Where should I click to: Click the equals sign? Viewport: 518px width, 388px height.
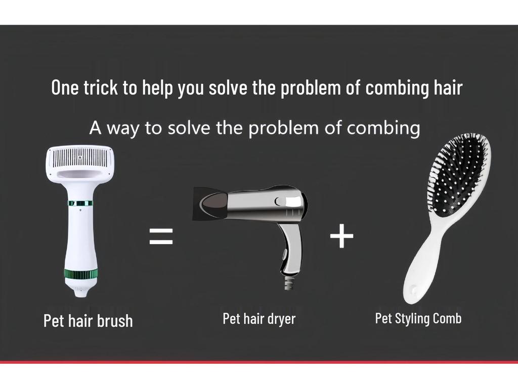pyautogui.click(x=161, y=236)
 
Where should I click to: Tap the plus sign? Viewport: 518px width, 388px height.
pyautogui.click(x=341, y=236)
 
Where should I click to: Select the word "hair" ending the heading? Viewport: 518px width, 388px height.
pyautogui.click(x=448, y=87)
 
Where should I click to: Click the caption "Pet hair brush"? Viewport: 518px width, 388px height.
pyautogui.click(x=88, y=320)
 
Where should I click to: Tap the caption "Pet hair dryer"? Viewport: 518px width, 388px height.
pyautogui.click(x=259, y=319)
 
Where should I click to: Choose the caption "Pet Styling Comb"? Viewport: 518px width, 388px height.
pyautogui.click(x=418, y=319)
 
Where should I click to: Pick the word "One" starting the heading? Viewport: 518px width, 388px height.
pyautogui.click(x=65, y=87)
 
